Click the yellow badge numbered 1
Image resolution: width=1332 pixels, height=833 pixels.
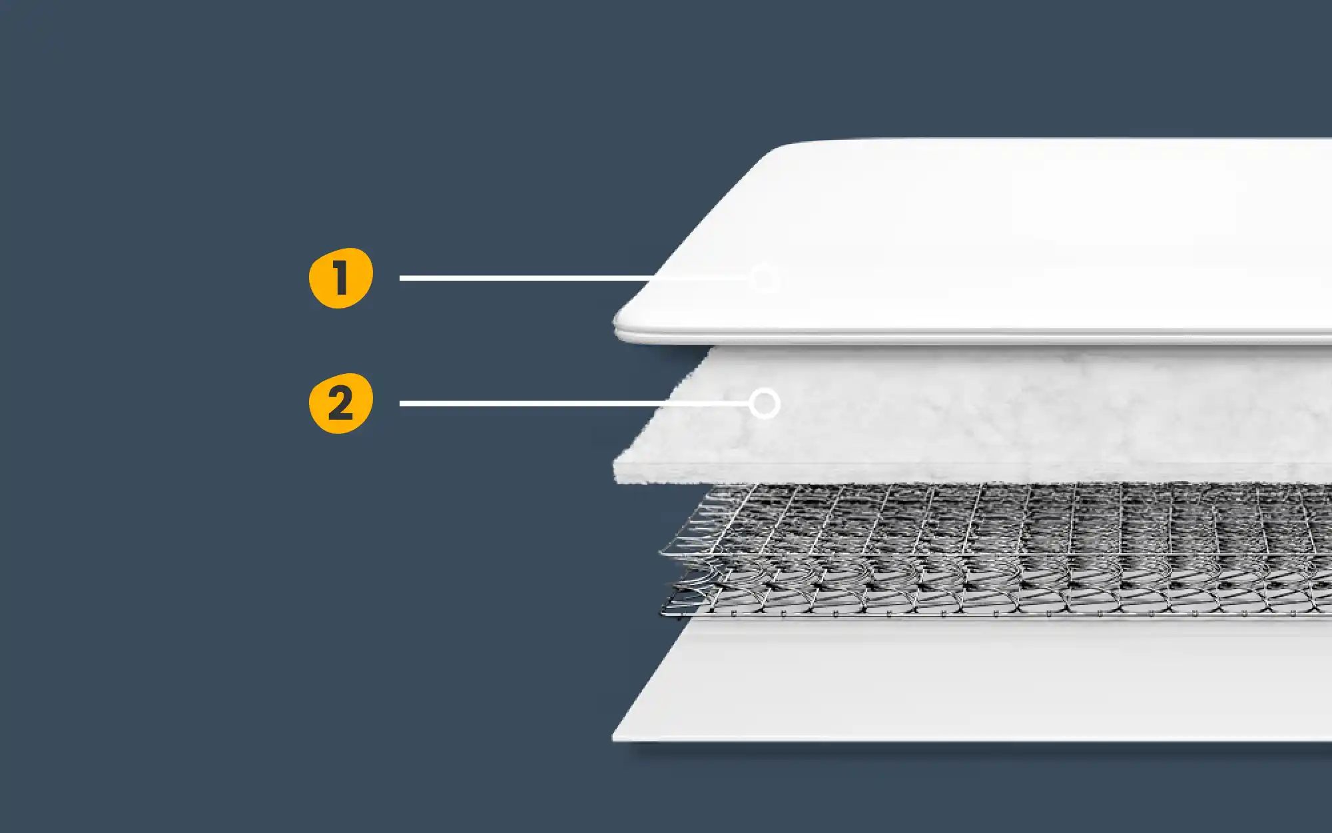click(x=340, y=278)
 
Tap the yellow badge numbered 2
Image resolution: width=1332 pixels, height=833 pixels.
click(x=340, y=403)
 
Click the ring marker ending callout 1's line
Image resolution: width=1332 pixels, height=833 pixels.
click(x=764, y=278)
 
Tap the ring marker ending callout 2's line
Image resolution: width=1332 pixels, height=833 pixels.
click(x=765, y=404)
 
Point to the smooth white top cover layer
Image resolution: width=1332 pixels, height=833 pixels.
click(x=999, y=233)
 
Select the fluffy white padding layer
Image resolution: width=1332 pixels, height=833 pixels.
click(x=999, y=413)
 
